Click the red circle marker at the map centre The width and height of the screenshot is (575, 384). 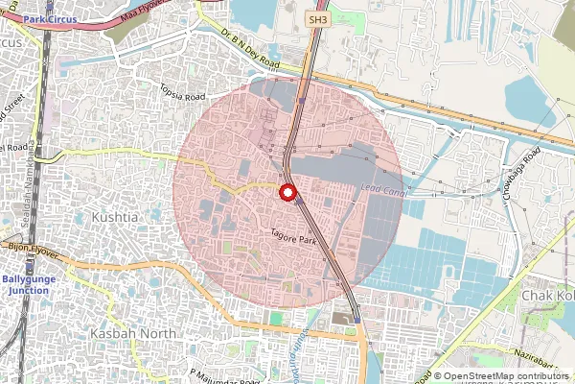click(x=287, y=192)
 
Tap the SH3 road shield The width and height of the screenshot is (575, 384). click(x=317, y=19)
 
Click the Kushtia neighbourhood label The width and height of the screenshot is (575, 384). click(x=114, y=218)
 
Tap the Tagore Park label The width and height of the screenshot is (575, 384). click(x=293, y=238)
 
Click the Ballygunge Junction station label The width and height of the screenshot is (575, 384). click(x=26, y=284)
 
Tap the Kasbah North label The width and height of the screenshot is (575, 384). click(x=133, y=332)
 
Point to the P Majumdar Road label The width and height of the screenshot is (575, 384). click(x=222, y=375)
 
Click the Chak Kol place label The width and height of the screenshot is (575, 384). click(x=547, y=296)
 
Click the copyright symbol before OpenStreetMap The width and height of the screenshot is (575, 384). click(x=438, y=376)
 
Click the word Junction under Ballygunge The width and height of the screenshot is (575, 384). click(x=26, y=290)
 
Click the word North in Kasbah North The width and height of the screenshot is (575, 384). click(x=158, y=332)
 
